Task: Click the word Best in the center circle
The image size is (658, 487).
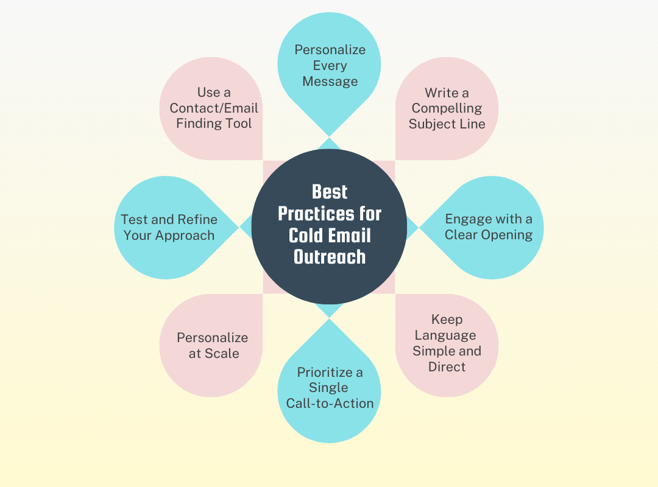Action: click(330, 192)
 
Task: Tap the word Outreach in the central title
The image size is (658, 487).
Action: click(330, 256)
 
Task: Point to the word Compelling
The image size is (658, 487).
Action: click(447, 108)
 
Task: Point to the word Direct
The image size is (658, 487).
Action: click(447, 367)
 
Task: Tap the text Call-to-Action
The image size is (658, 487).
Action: click(330, 403)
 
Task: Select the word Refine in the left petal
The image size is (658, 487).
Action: click(197, 220)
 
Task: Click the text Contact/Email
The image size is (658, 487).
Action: click(214, 108)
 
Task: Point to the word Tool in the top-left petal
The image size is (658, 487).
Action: click(239, 124)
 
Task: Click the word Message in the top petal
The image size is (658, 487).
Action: click(330, 82)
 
